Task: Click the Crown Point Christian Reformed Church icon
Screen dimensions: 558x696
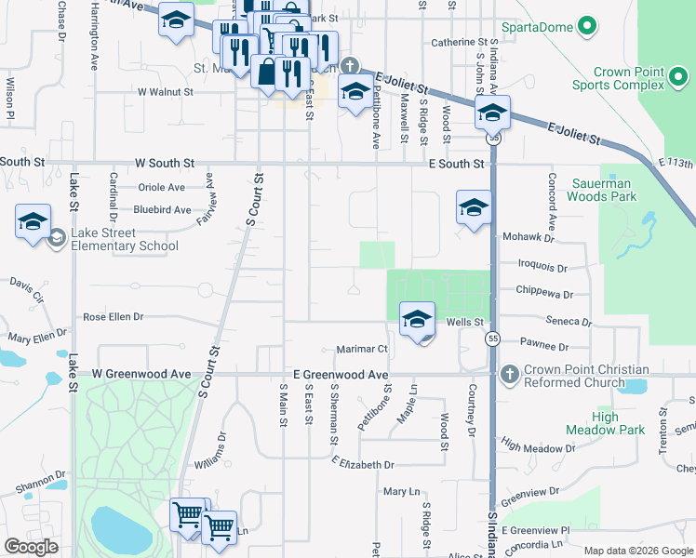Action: (x=508, y=375)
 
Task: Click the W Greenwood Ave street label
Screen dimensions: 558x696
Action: (x=141, y=374)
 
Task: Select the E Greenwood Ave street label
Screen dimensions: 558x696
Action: (x=340, y=374)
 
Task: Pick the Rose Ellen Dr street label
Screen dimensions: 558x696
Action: (x=113, y=317)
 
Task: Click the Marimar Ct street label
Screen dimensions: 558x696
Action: (x=360, y=349)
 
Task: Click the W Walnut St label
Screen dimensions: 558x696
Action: (x=165, y=92)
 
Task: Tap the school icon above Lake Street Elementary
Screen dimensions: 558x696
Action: (x=33, y=222)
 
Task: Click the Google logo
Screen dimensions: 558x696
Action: (x=31, y=547)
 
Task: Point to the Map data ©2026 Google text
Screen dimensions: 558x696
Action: (x=637, y=551)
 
